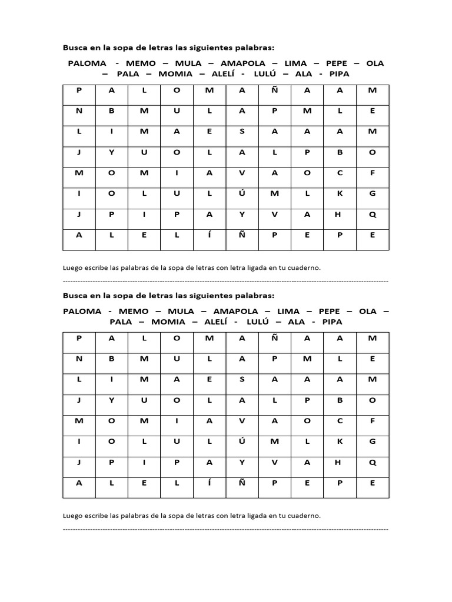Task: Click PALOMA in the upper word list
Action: [87, 63]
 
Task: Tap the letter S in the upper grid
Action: [242, 131]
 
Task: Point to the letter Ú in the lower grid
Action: [242, 441]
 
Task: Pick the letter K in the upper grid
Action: [338, 193]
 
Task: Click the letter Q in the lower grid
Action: [371, 461]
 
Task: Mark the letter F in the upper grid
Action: [371, 172]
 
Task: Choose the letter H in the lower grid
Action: [338, 461]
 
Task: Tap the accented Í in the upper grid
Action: [209, 235]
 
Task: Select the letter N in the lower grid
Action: [78, 359]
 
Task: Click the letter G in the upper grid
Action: [371, 193]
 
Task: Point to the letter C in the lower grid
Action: [338, 420]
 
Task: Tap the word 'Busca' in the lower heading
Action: [75, 295]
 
